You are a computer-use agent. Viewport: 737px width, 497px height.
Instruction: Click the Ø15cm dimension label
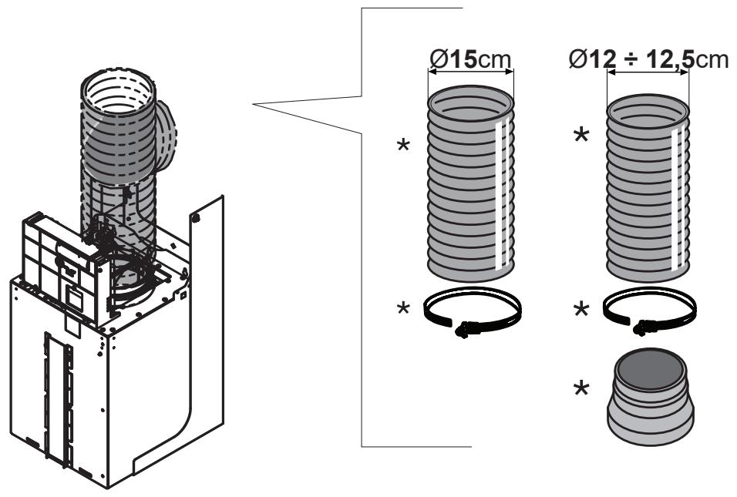point(470,59)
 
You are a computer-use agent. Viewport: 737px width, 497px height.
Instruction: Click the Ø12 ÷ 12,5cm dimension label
point(648,59)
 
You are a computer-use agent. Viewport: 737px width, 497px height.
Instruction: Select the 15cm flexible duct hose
point(470,183)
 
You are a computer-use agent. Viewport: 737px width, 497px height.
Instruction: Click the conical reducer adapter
point(651,398)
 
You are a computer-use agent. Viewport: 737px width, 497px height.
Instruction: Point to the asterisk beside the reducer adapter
point(581,389)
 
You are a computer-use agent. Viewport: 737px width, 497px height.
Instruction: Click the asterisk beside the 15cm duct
point(403,145)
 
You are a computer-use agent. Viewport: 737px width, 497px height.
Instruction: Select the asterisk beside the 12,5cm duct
point(581,136)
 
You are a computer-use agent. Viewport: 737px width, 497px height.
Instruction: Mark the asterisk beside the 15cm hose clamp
point(403,309)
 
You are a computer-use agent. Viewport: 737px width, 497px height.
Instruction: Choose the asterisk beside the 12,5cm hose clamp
point(581,309)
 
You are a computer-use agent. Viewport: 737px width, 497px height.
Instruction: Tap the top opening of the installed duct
point(118,92)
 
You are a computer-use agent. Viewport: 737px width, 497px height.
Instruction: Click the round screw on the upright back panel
point(195,217)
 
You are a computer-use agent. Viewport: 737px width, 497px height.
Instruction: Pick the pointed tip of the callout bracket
point(254,104)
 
